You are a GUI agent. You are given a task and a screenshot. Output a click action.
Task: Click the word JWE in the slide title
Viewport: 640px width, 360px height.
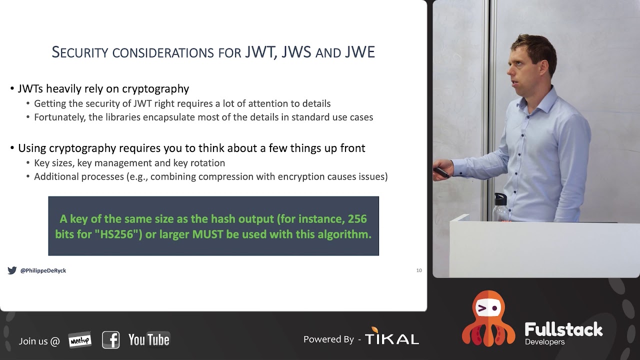point(360,52)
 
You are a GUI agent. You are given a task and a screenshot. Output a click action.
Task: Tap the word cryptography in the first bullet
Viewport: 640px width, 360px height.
point(155,89)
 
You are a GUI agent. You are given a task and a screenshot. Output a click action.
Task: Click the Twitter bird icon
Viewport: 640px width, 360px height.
point(12,270)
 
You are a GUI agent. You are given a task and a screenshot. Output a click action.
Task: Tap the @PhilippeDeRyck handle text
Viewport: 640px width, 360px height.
point(43,270)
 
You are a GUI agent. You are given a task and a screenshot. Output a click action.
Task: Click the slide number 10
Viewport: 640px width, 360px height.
point(419,270)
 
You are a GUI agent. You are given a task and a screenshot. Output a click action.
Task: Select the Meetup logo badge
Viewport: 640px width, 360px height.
point(79,340)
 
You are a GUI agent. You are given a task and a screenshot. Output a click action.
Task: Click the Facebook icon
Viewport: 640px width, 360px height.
point(110,340)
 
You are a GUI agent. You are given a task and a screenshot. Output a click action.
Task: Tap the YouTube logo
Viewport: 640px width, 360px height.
point(149,340)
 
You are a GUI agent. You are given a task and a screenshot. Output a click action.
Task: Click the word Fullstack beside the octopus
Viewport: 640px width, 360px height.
point(563,329)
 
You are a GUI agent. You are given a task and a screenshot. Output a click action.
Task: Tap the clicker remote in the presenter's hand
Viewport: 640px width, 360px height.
point(440,172)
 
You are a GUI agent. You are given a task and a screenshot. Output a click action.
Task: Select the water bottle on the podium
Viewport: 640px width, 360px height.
point(499,207)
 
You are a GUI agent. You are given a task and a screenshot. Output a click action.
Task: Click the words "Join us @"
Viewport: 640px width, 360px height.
point(39,341)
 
